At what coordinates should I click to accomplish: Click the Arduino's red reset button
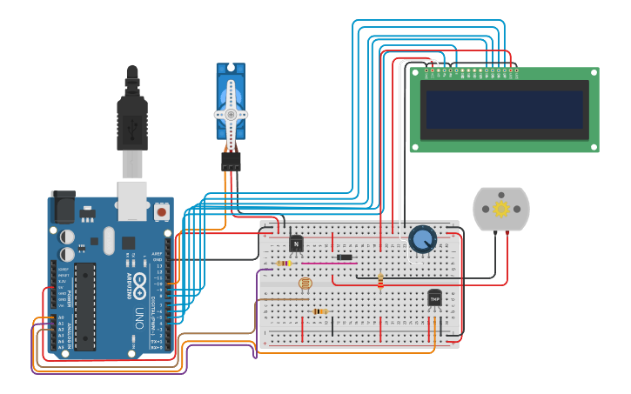[x=161, y=211]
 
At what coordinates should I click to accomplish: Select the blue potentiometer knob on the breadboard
[x=422, y=238]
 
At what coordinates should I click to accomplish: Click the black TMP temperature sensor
[x=434, y=298]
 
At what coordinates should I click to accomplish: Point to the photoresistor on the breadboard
[x=304, y=284]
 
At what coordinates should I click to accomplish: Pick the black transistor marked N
[x=296, y=244]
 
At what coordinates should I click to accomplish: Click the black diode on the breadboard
[x=345, y=257]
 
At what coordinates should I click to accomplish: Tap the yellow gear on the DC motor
[x=501, y=209]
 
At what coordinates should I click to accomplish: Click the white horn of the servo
[x=231, y=113]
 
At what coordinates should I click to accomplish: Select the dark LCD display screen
[x=504, y=110]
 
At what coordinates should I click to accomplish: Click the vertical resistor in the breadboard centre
[x=380, y=279]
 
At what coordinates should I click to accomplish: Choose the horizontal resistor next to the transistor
[x=283, y=263]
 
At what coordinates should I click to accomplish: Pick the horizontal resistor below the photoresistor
[x=319, y=311]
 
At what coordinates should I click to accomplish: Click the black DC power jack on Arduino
[x=63, y=207]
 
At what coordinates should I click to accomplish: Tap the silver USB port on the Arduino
[x=132, y=200]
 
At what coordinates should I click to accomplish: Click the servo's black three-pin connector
[x=231, y=163]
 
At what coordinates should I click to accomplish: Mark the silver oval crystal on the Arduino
[x=108, y=241]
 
